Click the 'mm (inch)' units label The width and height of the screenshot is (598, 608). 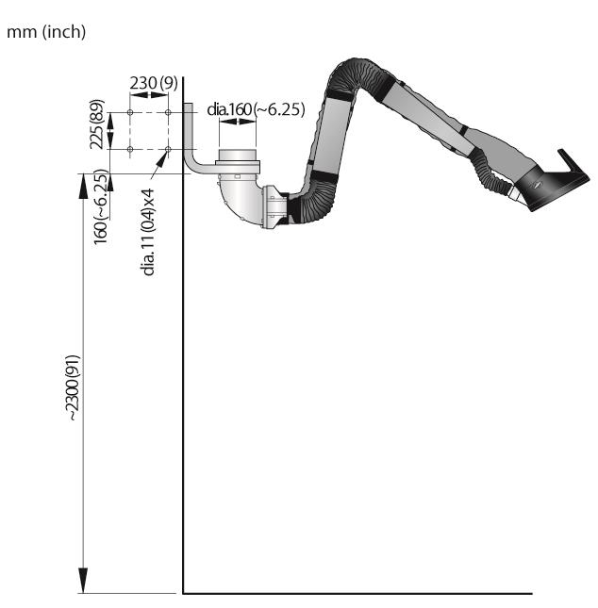[46, 32]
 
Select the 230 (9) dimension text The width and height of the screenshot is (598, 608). [154, 83]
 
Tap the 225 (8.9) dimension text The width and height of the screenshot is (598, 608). [97, 124]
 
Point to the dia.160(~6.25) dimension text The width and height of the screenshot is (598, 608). [256, 109]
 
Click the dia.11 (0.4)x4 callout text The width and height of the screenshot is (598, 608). [149, 232]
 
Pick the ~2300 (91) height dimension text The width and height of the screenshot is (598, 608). [74, 387]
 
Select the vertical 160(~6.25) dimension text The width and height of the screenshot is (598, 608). [101, 206]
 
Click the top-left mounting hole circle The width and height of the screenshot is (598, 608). [130, 112]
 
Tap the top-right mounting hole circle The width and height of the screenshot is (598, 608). [168, 112]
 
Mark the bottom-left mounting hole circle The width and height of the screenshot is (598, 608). [130, 149]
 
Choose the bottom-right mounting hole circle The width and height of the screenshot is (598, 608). [168, 149]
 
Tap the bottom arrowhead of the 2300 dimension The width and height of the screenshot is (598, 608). [83, 581]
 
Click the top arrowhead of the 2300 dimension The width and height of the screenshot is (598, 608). [83, 186]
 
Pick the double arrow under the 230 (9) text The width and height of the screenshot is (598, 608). [149, 94]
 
